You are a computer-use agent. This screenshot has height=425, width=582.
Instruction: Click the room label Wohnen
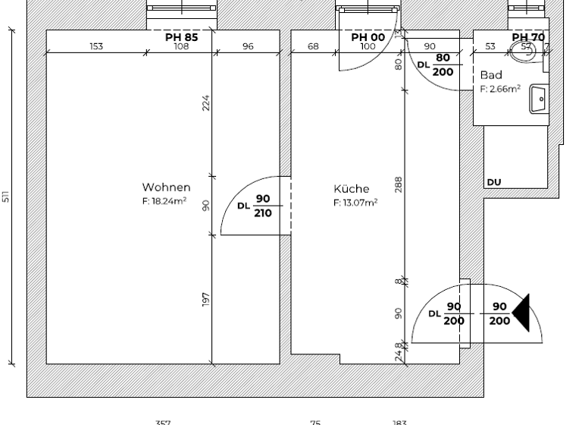click(166, 187)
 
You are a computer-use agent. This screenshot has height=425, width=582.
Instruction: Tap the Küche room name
click(351, 189)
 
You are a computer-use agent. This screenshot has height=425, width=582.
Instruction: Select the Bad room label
click(491, 75)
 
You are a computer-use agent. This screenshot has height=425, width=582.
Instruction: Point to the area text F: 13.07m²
click(355, 203)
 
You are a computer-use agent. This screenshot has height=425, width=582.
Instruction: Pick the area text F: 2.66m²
click(500, 89)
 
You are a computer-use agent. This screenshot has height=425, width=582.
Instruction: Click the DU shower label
click(494, 182)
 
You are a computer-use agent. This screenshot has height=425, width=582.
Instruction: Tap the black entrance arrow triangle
click(521, 313)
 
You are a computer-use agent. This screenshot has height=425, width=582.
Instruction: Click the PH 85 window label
click(182, 36)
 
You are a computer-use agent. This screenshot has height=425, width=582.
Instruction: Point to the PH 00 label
click(368, 36)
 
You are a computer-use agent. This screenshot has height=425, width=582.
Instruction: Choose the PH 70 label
click(528, 36)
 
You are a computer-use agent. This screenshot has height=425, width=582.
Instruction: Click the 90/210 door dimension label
click(262, 206)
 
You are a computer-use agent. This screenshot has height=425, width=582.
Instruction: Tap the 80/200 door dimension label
click(443, 65)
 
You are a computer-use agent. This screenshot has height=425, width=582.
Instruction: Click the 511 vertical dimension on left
click(6, 197)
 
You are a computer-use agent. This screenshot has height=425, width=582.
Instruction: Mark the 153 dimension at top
click(96, 46)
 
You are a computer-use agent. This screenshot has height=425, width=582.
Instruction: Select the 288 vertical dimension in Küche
click(398, 184)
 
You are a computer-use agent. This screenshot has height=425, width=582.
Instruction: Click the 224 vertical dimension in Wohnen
click(205, 102)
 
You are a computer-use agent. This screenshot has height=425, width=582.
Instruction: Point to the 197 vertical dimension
click(205, 299)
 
